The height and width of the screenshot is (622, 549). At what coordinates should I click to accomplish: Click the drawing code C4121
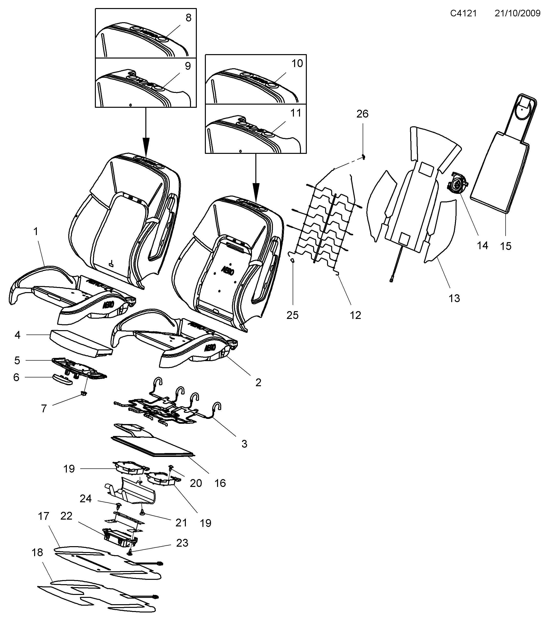(463, 13)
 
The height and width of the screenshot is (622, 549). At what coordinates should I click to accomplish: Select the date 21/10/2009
(517, 13)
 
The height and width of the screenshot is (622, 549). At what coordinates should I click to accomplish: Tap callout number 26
(362, 114)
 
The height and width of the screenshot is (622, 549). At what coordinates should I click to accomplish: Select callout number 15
(506, 246)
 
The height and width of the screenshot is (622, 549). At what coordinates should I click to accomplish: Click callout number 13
(454, 298)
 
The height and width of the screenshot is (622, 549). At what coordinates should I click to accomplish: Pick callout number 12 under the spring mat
(355, 315)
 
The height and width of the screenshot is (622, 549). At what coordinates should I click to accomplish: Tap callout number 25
(292, 315)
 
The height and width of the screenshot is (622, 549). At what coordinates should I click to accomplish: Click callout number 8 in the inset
(188, 18)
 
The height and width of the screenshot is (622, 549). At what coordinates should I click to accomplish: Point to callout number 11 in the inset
(296, 113)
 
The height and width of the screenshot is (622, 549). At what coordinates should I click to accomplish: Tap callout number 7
(44, 409)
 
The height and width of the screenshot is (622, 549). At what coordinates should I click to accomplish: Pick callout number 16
(220, 483)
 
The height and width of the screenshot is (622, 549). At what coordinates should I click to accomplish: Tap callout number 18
(37, 552)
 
